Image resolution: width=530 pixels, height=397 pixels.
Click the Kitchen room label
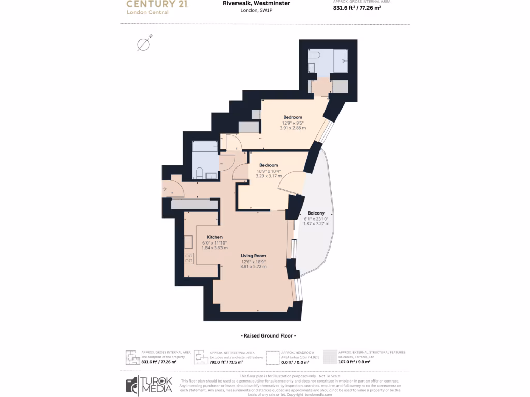point(214,237)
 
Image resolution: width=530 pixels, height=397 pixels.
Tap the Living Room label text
point(253,255)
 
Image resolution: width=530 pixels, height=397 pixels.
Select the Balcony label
point(316,213)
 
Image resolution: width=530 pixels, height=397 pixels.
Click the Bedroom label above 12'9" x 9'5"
point(292,117)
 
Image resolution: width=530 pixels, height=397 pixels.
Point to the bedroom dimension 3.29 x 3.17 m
point(269,176)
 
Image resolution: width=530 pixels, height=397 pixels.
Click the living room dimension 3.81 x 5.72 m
point(253,267)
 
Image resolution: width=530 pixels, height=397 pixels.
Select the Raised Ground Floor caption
point(264,336)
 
